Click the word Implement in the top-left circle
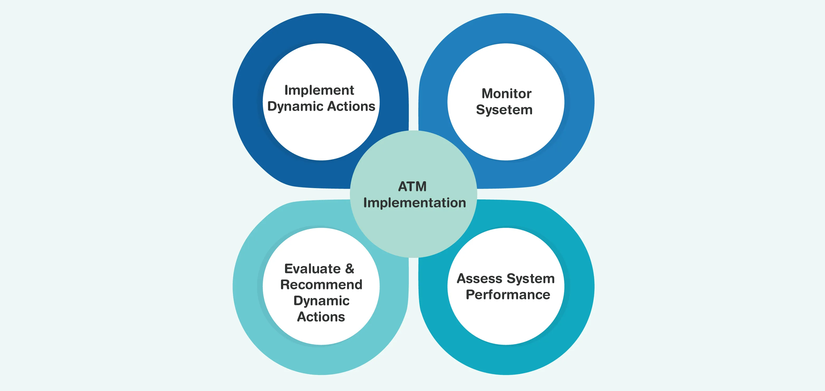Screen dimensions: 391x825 tap(319, 90)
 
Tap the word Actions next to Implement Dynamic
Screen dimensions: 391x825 tap(351, 106)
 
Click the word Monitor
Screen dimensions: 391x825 tap(506, 94)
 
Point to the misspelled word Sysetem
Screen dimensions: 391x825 tap(504, 110)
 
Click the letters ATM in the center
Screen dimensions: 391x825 tap(412, 187)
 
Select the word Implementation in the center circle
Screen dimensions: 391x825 tap(414, 203)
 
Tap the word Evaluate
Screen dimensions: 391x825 tap(312, 269)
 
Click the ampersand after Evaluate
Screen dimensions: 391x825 tap(349, 269)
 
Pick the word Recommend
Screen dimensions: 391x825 tap(321, 285)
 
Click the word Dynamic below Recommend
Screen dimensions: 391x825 tap(321, 301)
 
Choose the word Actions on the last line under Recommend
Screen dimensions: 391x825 tap(321, 317)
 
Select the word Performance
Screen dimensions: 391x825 tap(508, 295)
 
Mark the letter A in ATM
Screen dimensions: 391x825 tap(402, 187)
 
